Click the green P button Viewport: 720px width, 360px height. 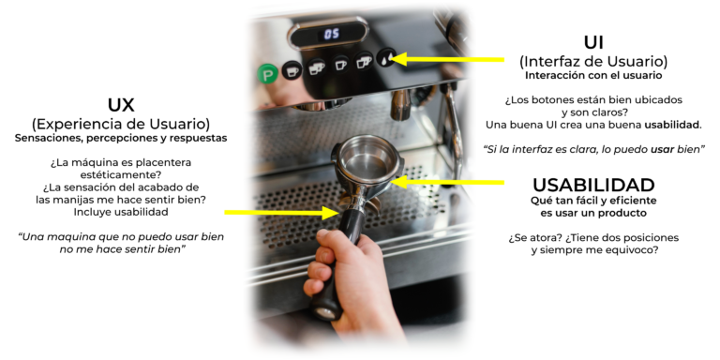(x=267, y=73)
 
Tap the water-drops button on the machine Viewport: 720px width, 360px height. (x=386, y=58)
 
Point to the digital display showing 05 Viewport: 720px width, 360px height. (x=331, y=34)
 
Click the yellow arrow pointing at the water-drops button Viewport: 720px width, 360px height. (x=448, y=59)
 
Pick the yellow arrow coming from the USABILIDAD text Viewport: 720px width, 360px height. (x=448, y=182)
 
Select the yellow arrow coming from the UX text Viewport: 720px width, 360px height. (x=282, y=213)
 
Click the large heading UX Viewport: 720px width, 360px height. (x=121, y=105)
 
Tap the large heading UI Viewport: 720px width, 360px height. (x=593, y=43)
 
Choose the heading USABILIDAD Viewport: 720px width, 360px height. (x=593, y=185)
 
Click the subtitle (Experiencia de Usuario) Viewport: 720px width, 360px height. (x=121, y=124)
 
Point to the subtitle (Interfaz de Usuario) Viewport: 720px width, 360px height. (x=593, y=61)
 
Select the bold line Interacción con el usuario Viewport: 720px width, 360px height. (x=593, y=75)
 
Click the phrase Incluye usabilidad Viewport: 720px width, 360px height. (x=121, y=212)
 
